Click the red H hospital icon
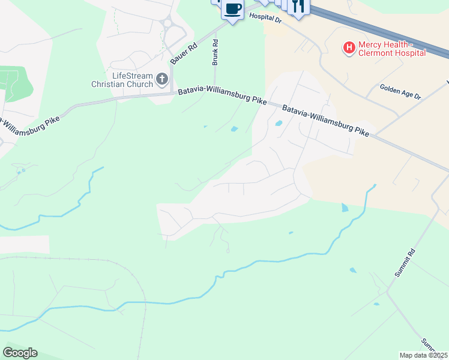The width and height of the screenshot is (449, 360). point(348,47)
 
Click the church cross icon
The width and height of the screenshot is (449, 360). point(161,79)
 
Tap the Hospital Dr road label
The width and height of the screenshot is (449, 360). point(265,19)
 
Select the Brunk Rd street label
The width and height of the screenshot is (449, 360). point(215,52)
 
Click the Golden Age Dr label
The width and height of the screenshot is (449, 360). point(400,91)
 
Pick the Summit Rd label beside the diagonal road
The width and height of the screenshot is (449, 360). point(405,262)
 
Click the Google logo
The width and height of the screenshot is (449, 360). point(20,353)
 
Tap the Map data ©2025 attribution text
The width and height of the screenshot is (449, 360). point(424,355)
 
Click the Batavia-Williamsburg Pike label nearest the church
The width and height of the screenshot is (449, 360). point(222,97)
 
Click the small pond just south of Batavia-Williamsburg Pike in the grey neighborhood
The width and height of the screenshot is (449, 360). point(279,124)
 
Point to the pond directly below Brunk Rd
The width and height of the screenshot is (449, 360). point(234,128)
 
